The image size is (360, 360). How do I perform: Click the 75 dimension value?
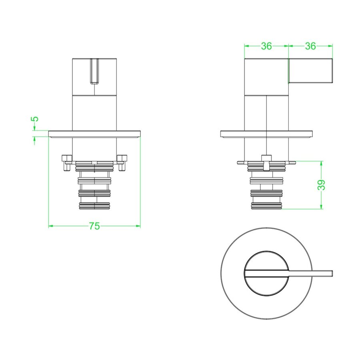pos(94,226)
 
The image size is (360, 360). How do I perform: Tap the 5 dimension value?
pos(35,119)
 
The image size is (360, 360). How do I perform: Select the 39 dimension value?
pos(322,185)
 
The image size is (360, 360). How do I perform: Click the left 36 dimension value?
pos(266,46)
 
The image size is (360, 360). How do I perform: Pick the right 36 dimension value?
pos(310,46)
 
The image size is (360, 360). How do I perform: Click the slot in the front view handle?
pos(94,71)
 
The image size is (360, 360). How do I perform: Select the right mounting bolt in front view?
pos(122,162)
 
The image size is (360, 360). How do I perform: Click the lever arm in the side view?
pos(310,71)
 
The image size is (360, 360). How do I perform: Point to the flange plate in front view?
pos(94,134)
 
